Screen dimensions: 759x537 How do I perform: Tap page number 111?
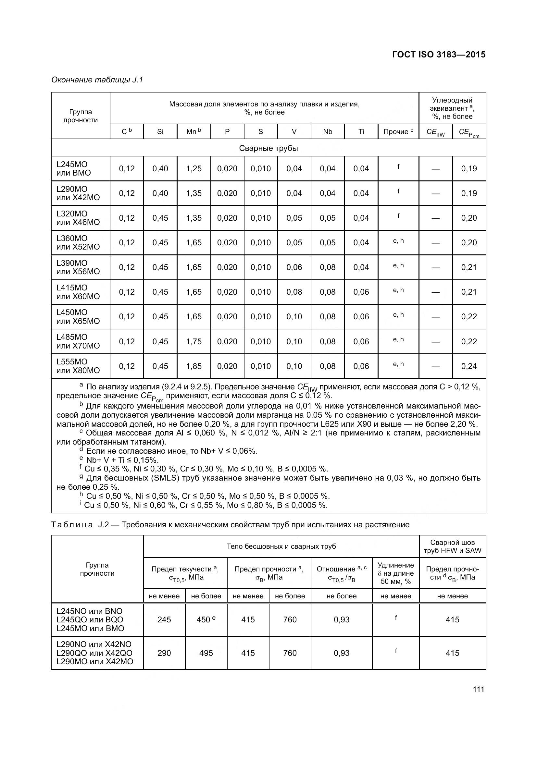click(x=478, y=689)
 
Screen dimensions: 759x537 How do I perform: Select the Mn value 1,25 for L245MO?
click(x=194, y=169)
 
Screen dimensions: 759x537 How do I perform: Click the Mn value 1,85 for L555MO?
click(x=194, y=366)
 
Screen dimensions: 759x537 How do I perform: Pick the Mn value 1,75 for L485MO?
click(x=194, y=341)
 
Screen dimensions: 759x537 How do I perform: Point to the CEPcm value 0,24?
click(x=469, y=366)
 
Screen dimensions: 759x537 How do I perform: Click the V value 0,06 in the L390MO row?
click(x=294, y=267)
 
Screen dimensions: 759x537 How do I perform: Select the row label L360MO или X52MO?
click(x=78, y=243)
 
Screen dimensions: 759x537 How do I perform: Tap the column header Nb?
click(x=327, y=131)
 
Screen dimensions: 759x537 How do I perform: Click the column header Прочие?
click(x=398, y=131)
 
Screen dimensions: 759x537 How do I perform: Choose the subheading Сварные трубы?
click(x=268, y=148)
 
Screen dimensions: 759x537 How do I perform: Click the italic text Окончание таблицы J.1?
click(x=97, y=80)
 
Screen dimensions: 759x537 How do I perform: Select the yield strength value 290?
click(x=164, y=653)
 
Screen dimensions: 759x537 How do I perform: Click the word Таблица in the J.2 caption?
click(x=72, y=525)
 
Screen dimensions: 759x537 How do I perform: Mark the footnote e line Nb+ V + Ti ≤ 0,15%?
click(x=122, y=460)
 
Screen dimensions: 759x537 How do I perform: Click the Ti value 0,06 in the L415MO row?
click(x=361, y=292)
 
